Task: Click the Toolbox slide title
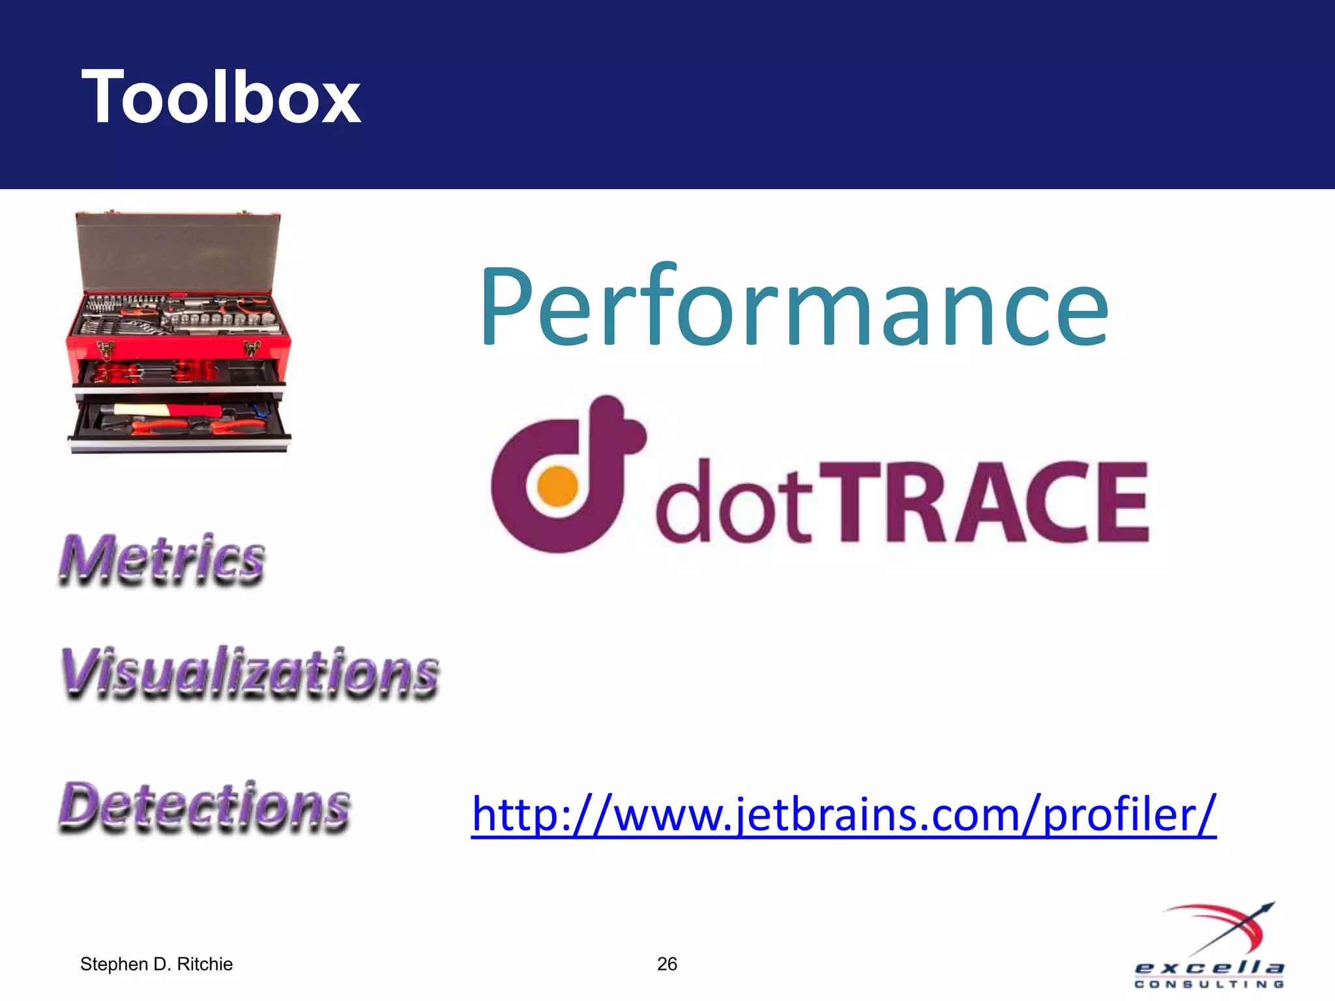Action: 220,98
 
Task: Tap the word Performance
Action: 793,306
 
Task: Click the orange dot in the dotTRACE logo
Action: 557,486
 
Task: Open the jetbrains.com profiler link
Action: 844,814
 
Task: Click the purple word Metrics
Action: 162,559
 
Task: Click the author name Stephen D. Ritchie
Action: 156,964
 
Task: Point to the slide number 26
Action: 667,964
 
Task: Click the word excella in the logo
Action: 1209,968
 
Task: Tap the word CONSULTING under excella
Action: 1209,985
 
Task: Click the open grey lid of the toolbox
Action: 177,254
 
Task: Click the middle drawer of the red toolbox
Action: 177,373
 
